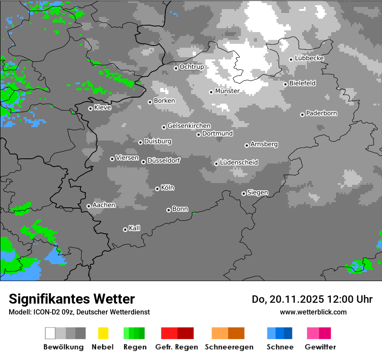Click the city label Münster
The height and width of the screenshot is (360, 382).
click(x=227, y=91)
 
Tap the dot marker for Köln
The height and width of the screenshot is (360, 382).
click(x=157, y=189)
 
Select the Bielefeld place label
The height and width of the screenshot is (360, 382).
click(x=302, y=83)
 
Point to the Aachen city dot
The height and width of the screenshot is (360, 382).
click(x=89, y=206)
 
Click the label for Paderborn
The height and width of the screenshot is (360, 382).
click(x=321, y=113)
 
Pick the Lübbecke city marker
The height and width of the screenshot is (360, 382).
click(x=291, y=59)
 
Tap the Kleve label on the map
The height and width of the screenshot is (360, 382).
click(x=102, y=108)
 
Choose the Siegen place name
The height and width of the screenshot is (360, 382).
click(x=257, y=193)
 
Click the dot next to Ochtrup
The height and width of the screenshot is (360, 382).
click(x=176, y=68)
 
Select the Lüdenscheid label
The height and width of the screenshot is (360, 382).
click(x=239, y=163)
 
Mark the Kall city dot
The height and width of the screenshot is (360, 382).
click(x=125, y=229)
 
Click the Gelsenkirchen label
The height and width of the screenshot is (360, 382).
click(x=189, y=126)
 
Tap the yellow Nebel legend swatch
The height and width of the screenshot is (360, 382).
click(x=103, y=333)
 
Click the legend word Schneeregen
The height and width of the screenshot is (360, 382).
click(x=229, y=347)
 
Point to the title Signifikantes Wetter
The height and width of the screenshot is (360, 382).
click(x=72, y=299)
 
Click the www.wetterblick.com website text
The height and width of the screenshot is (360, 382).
click(x=313, y=312)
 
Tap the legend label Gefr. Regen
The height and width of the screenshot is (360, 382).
click(x=177, y=347)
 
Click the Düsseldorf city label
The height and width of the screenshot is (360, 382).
click(x=164, y=160)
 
